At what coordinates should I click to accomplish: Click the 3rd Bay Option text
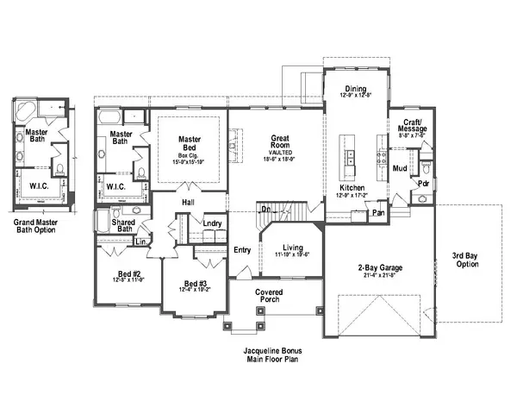(465, 260)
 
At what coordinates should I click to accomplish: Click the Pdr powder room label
(423, 184)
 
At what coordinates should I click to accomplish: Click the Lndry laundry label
(213, 223)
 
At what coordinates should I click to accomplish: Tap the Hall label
(188, 202)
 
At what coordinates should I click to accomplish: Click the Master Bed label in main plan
(190, 142)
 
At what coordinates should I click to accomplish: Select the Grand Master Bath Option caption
(40, 227)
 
